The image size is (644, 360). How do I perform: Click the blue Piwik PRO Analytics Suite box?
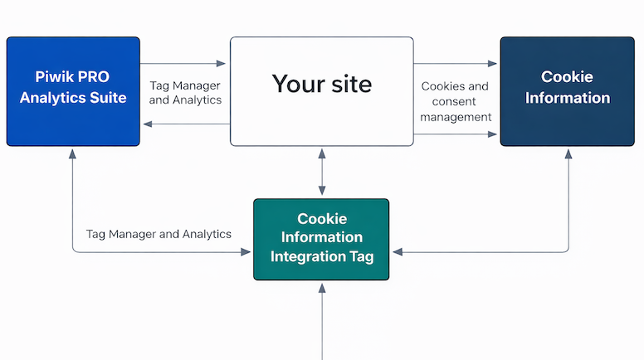click(73, 91)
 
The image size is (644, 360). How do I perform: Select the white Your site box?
click(321, 91)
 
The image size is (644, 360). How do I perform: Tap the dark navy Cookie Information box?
click(567, 91)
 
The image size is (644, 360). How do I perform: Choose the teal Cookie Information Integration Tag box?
click(321, 239)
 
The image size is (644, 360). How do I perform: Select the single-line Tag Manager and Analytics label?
click(159, 234)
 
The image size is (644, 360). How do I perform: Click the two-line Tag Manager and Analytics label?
click(185, 93)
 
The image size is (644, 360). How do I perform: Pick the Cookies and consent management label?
click(456, 101)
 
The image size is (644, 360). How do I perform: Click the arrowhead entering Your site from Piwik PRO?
click(222, 63)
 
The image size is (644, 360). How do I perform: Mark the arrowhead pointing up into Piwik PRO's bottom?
click(73, 154)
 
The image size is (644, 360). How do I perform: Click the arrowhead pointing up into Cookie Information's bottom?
click(568, 154)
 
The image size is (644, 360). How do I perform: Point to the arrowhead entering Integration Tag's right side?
click(397, 251)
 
